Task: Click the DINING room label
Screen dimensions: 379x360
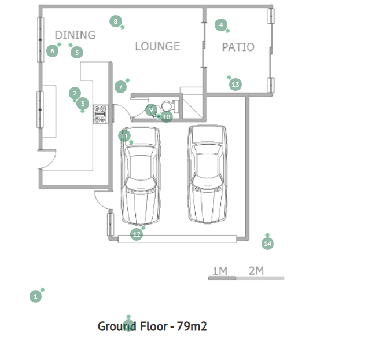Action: pos(75,35)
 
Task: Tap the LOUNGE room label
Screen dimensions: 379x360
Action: pos(157,46)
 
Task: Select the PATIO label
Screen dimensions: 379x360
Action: pos(238,47)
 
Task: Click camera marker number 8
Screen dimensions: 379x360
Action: pos(116,21)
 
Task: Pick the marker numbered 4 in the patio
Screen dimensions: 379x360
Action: pos(221,25)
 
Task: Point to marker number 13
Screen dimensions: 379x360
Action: pos(236,85)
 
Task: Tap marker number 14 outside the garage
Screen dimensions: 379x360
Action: pos(267,244)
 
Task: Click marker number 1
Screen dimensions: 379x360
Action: pos(35,296)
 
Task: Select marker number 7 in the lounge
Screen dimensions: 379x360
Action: pos(120,87)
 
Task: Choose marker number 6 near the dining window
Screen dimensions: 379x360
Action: pos(53,51)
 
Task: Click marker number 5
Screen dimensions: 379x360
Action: pos(77,52)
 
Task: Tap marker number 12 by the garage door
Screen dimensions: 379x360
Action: pos(137,234)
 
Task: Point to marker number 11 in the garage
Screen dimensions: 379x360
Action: pos(124,136)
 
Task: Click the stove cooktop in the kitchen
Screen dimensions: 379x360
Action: pos(101,114)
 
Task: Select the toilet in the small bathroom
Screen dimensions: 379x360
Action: pos(169,106)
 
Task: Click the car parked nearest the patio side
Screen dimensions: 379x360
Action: pos(207,174)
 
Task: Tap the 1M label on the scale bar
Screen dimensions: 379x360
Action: pos(220,271)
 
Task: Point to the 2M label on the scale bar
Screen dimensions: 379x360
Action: pos(256,271)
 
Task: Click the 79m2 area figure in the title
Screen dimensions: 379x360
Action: pos(192,326)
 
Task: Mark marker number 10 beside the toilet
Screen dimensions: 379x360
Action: pos(167,117)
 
